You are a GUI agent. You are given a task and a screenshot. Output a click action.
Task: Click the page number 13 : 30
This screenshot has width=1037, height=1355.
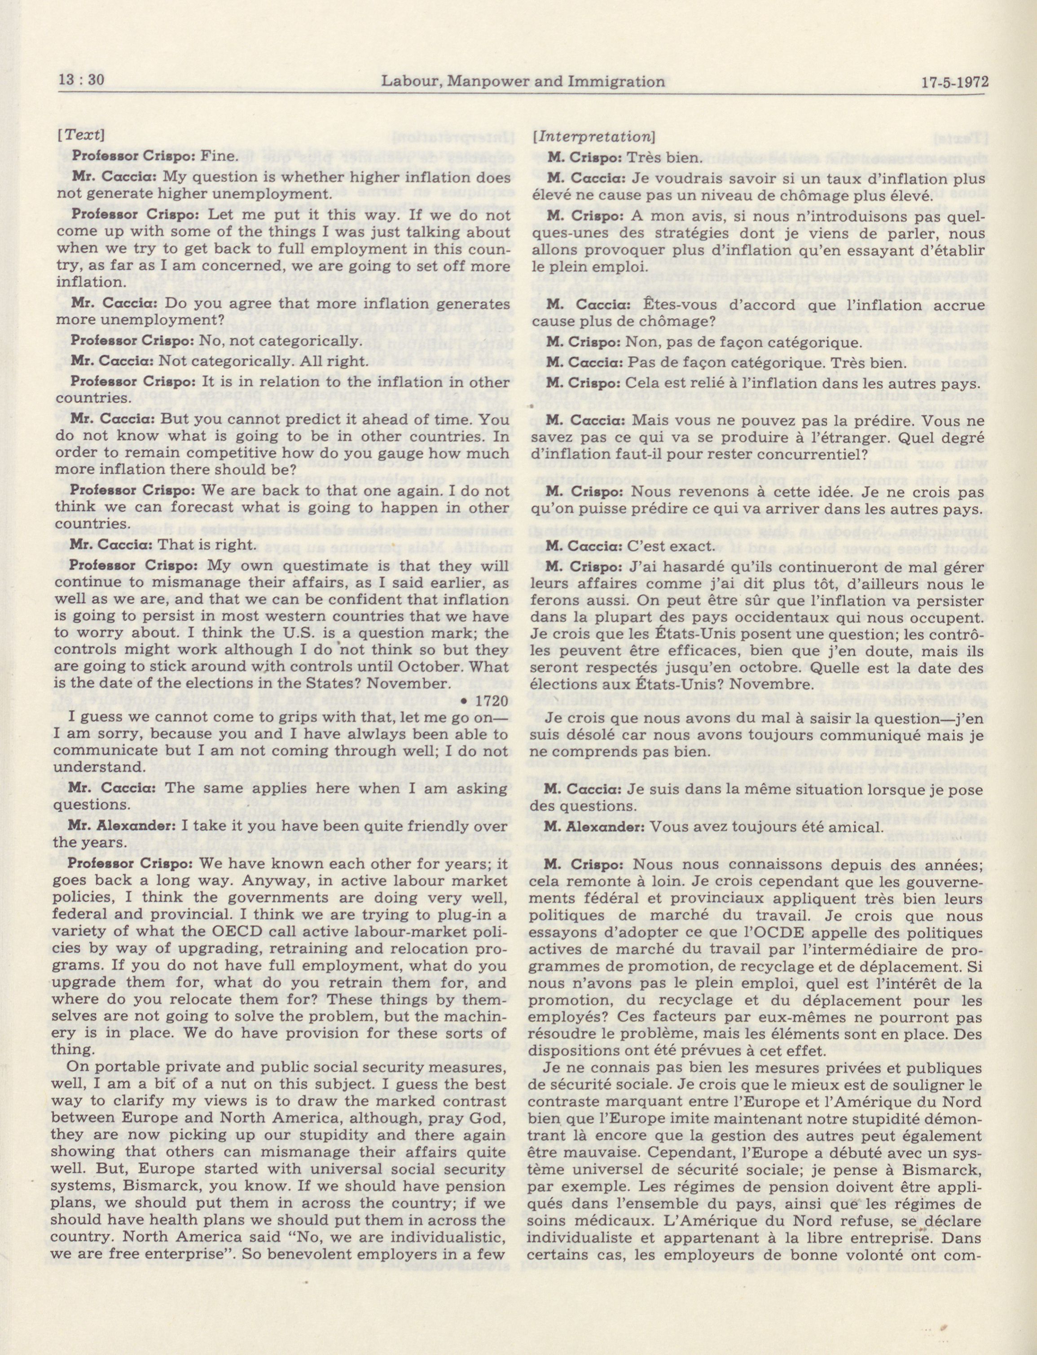(x=81, y=80)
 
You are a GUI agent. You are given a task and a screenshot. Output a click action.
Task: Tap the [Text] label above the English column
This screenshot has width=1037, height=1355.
(x=80, y=135)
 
